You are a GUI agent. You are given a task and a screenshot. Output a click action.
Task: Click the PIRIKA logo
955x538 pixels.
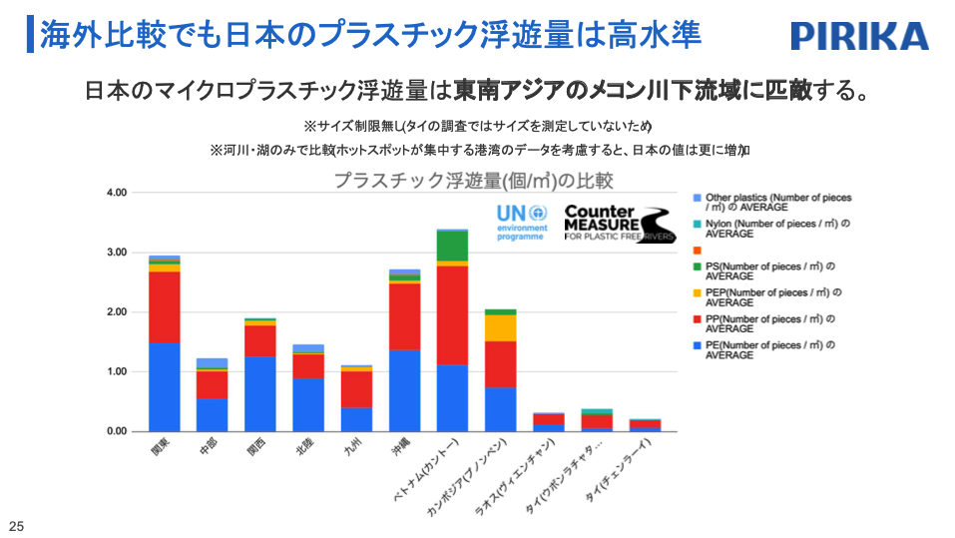coord(859,36)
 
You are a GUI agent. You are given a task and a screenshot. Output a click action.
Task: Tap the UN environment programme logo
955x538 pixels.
coord(522,223)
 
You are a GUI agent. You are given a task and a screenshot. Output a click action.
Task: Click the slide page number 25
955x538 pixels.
coord(15,526)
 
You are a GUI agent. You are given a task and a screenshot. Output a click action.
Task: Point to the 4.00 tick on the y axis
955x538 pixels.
coord(117,193)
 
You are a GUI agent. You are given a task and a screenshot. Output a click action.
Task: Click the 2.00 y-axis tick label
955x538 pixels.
coord(117,312)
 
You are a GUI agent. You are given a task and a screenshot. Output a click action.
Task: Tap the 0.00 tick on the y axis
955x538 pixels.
coord(117,431)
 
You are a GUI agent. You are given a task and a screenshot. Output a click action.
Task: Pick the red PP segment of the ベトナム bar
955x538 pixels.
coord(452,314)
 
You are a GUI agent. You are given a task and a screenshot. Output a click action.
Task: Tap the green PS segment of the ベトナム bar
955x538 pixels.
coord(452,246)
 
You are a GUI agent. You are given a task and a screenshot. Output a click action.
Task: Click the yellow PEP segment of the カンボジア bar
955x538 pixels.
coord(500,327)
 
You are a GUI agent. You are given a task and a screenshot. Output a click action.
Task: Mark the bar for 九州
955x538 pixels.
coord(356,399)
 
